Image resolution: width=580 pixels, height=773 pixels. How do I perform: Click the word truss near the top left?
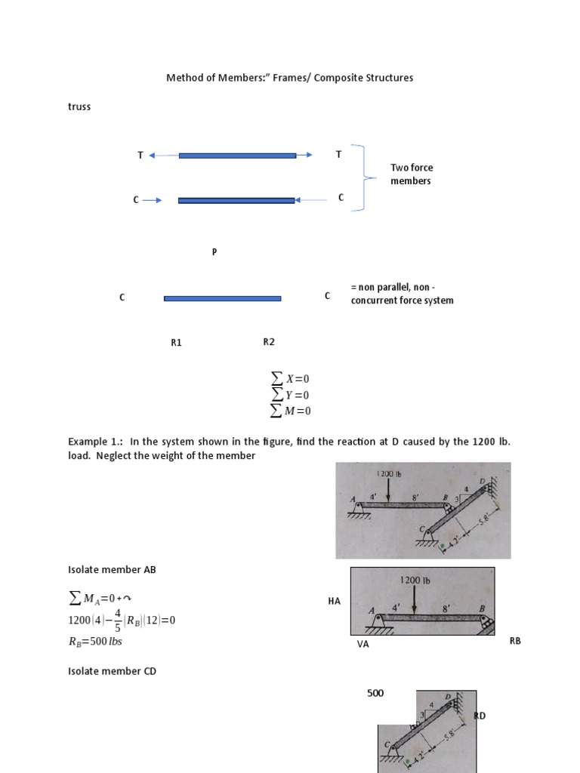[79, 106]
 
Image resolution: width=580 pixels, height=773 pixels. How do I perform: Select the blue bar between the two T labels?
[237, 156]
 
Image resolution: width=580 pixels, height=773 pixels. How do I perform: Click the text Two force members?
[412, 174]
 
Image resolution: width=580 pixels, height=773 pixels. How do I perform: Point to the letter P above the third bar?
[214, 252]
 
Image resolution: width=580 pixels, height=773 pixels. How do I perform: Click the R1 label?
[176, 342]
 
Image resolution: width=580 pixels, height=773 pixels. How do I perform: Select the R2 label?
[269, 341]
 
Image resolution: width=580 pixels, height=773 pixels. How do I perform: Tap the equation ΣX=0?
[291, 379]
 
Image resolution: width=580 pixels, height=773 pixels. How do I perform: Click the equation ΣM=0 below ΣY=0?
[291, 411]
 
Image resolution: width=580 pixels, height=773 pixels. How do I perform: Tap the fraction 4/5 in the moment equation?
[121, 621]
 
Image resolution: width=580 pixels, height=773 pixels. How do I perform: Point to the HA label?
[335, 601]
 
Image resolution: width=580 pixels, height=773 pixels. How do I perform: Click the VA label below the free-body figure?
[362, 645]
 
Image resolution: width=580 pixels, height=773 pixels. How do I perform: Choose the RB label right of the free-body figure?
[516, 641]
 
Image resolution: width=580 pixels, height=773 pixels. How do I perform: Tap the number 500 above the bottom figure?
[375, 692]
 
